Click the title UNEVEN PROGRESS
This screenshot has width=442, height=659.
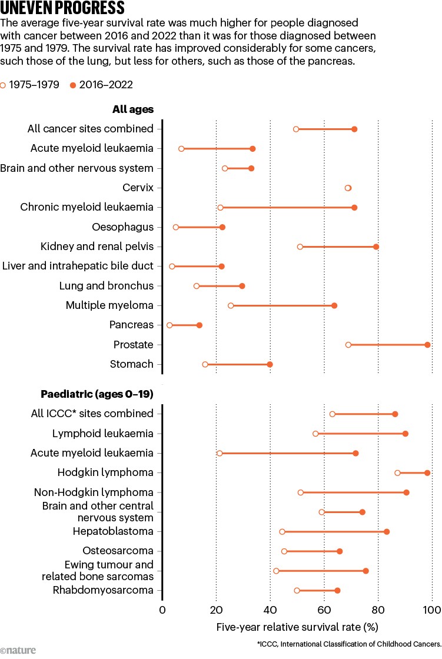(x=62, y=8)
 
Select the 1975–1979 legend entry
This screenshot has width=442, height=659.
(x=29, y=85)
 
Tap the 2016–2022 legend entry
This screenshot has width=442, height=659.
(x=101, y=85)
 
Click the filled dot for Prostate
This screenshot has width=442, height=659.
(x=427, y=345)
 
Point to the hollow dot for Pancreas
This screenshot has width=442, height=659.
(x=170, y=325)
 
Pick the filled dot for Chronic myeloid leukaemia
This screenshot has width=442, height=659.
(x=354, y=208)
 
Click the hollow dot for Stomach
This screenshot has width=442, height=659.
(x=205, y=364)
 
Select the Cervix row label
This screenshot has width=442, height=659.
(x=138, y=188)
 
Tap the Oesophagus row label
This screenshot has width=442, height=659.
(x=123, y=227)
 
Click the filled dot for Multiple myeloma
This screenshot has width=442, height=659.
(x=334, y=305)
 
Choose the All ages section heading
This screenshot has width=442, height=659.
(x=133, y=109)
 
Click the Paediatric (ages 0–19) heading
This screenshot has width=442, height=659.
(x=97, y=394)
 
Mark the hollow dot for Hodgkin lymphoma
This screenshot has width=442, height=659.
(x=397, y=473)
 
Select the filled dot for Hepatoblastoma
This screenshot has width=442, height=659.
(x=387, y=532)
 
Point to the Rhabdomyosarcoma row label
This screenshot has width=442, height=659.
(x=103, y=590)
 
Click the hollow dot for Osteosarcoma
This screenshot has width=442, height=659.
(x=284, y=551)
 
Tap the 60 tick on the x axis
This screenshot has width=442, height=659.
(x=324, y=610)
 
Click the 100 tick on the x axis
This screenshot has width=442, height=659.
(x=431, y=610)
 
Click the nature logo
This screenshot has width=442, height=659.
(x=18, y=650)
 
